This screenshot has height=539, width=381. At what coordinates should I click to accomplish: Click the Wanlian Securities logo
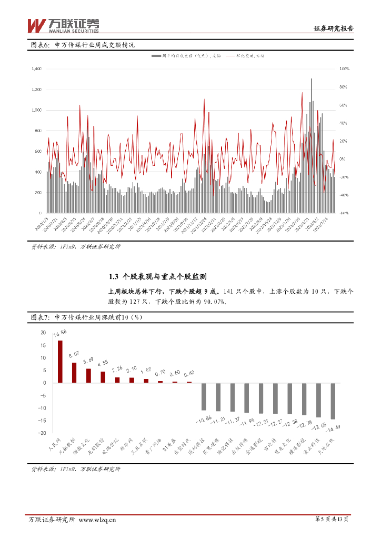pos(63,24)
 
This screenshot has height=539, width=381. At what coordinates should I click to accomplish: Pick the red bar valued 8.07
pos(74,373)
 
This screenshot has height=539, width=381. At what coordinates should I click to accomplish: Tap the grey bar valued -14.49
pos(333,401)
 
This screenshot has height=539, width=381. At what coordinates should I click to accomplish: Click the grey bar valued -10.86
pos(204,396)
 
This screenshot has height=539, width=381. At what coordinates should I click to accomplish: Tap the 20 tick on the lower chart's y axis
pos(43,333)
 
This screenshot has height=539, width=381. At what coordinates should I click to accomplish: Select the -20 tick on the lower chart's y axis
pos(42,433)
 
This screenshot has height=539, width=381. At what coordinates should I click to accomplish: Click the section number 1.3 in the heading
pos(113,276)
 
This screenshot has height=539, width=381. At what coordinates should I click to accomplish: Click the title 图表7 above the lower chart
pos(41,317)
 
